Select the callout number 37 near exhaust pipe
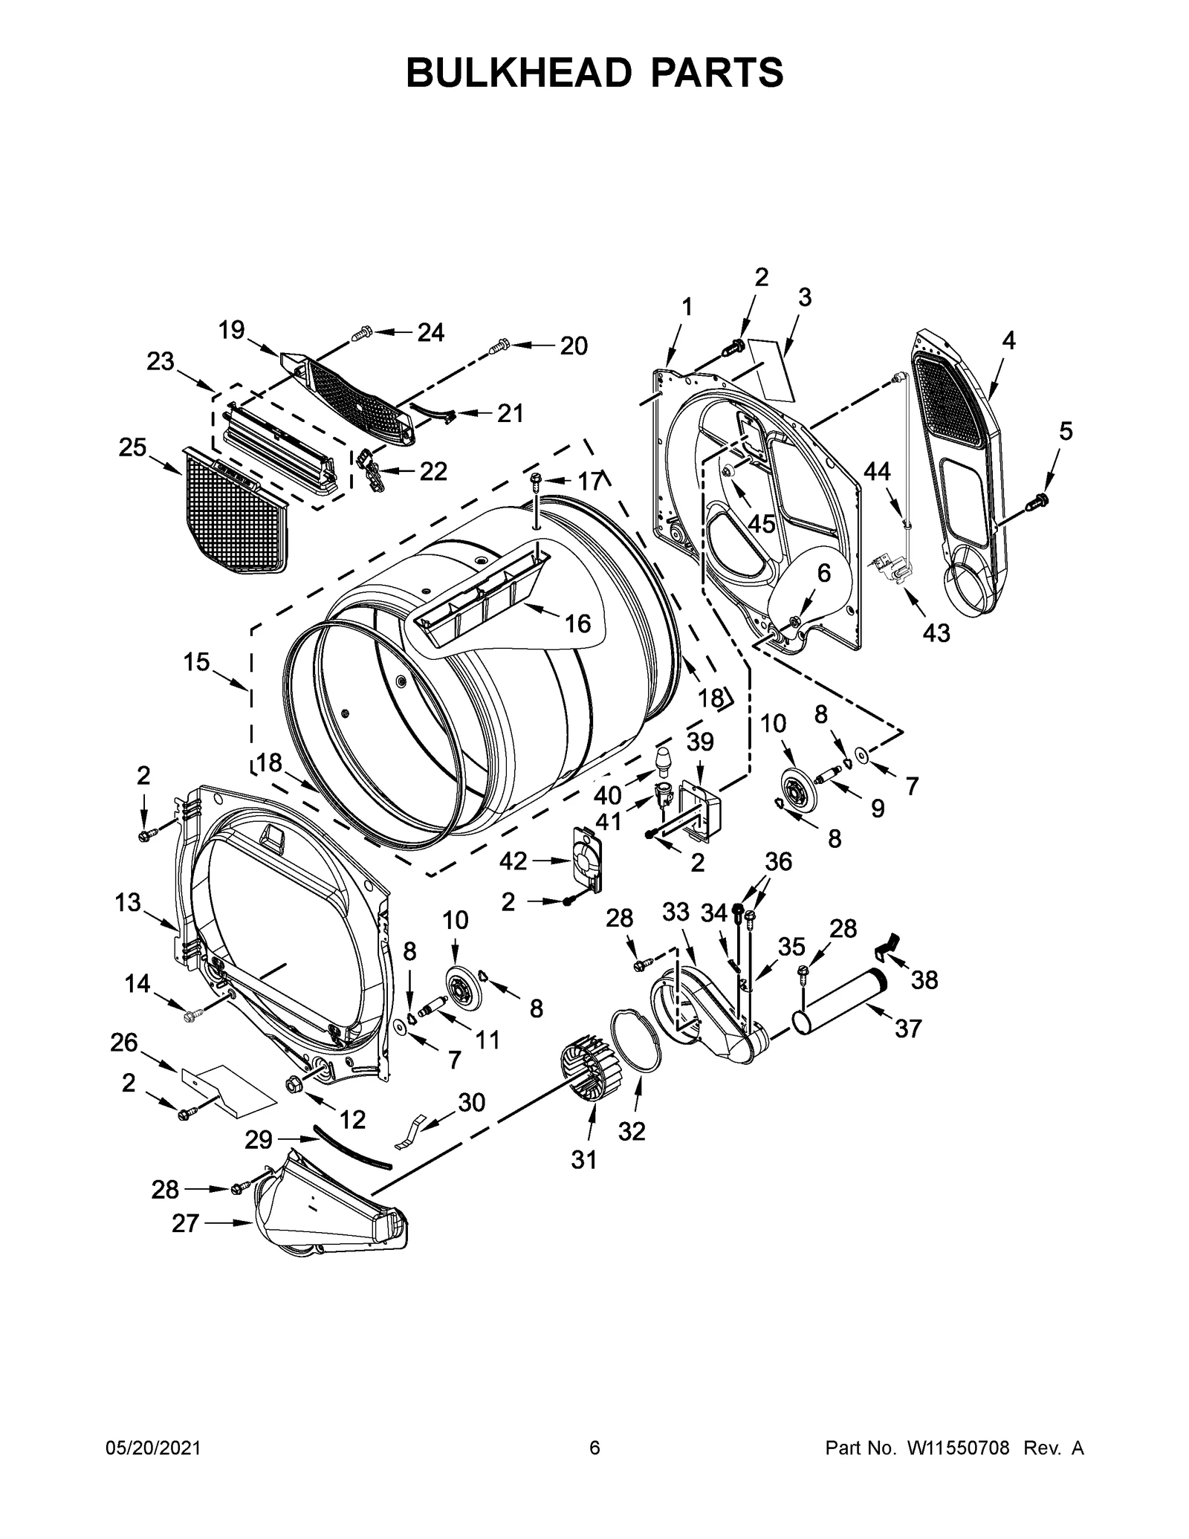pos(908,1028)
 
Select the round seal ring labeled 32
pos(636,1040)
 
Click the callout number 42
pos(513,861)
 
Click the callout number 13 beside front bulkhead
pos(128,903)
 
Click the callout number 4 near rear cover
pos(1008,340)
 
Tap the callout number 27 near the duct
pos(185,1223)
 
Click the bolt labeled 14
pos(191,1013)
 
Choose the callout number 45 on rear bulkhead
pos(761,523)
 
